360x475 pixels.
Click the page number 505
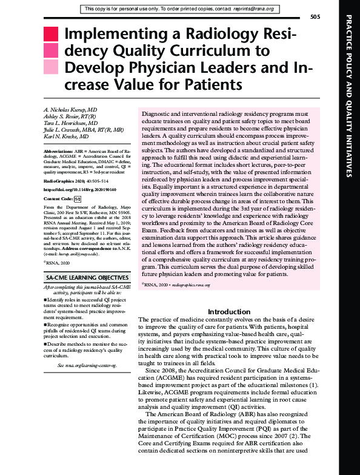tap(315, 16)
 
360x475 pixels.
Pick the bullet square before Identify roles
tap(46, 299)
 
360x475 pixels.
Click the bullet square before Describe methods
tap(46, 345)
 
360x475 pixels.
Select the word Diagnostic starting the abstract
tap(155, 114)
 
